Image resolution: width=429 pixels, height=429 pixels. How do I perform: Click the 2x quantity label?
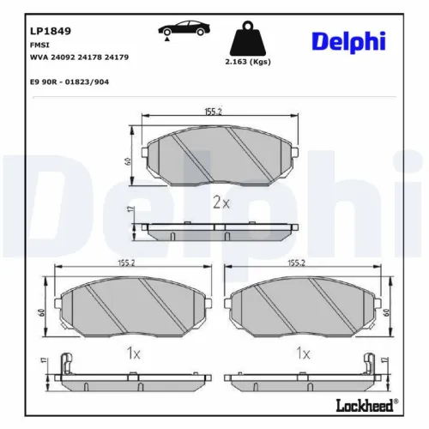(x=221, y=202)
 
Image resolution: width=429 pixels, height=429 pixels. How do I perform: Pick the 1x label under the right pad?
(x=302, y=352)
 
